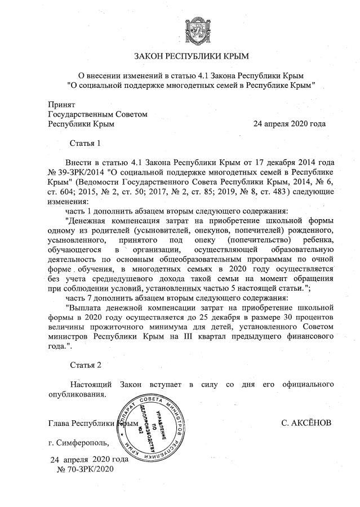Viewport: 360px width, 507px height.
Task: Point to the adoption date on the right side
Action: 289,123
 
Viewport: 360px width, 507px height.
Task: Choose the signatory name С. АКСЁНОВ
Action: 306,422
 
